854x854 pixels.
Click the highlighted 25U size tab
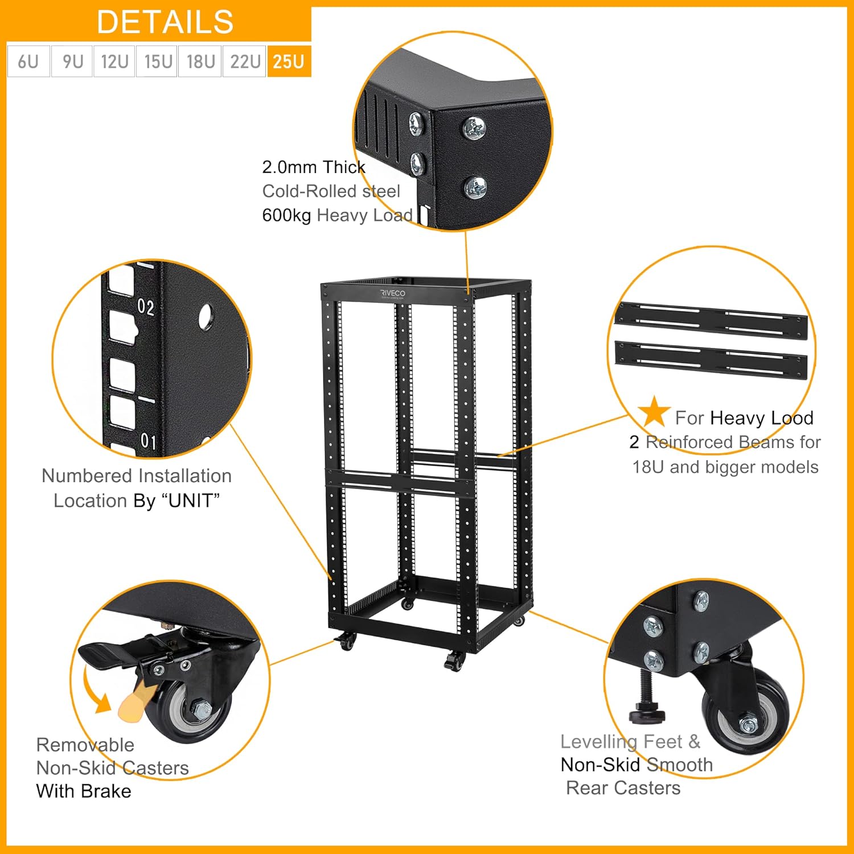click(289, 61)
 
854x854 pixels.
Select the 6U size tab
click(28, 61)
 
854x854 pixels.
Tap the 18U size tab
click(200, 61)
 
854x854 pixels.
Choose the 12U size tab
click(114, 61)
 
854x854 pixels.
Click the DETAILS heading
click(165, 22)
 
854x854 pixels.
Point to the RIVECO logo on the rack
click(393, 293)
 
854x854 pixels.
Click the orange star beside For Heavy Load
click(654, 412)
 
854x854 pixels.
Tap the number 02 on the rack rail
click(146, 307)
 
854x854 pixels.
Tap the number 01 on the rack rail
click(148, 441)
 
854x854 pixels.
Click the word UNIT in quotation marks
click(190, 500)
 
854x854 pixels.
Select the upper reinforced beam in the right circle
click(712, 322)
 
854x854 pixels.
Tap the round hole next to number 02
click(206, 317)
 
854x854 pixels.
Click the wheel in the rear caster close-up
click(746, 720)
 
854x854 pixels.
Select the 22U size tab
click(245, 61)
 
